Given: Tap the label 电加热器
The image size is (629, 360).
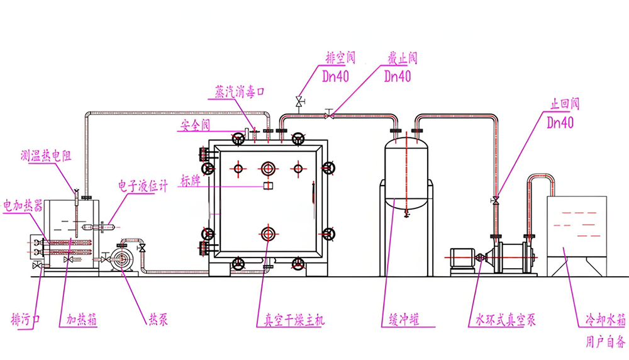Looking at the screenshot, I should click(x=23, y=205).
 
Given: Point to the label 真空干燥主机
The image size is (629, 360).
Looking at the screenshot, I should click(x=291, y=320).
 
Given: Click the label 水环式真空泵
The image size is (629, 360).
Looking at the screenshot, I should click(x=502, y=320).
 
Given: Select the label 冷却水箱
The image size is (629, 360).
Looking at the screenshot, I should click(x=604, y=320).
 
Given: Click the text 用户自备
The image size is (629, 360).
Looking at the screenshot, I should click(x=606, y=342).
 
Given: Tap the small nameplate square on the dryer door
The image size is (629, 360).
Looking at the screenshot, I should click(x=267, y=186).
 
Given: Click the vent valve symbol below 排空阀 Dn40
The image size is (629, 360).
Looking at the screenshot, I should click(x=299, y=101).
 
